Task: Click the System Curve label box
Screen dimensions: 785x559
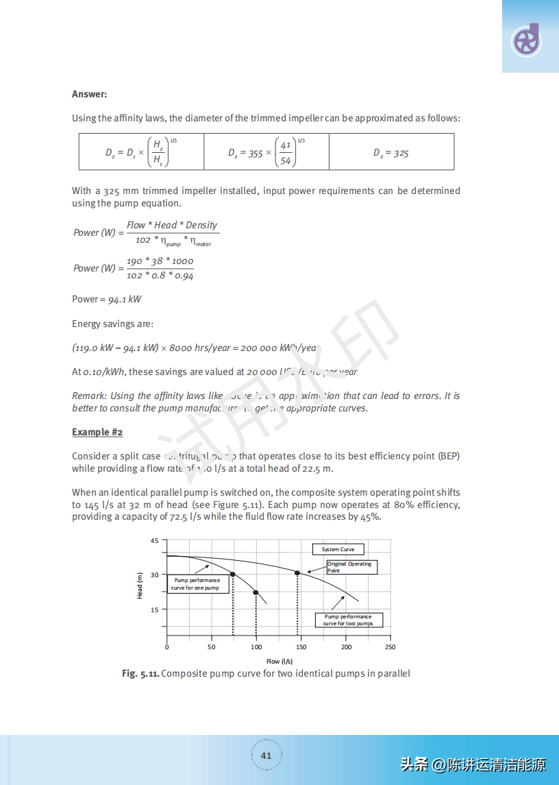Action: [338, 549]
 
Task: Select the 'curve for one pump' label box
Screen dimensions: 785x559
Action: [196, 584]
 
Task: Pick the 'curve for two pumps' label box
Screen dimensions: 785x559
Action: [348, 620]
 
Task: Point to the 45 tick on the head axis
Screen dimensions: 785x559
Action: [155, 541]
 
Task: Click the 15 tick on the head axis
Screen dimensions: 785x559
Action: [155, 609]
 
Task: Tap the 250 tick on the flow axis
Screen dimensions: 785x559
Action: [390, 647]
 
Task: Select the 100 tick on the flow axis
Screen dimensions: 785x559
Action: [256, 647]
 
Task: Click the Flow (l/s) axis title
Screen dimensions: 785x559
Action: [279, 661]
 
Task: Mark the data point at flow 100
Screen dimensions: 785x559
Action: [256, 592]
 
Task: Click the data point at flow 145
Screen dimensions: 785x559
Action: [297, 572]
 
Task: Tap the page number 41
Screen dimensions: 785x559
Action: [266, 756]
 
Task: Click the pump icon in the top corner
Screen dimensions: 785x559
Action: [527, 40]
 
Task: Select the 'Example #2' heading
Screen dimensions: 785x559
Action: [97, 432]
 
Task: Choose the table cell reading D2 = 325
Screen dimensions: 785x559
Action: [391, 153]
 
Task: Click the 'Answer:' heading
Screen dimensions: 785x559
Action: [89, 94]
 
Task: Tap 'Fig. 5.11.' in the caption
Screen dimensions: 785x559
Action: [140, 673]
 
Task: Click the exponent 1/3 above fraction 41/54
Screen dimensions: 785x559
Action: [301, 141]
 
